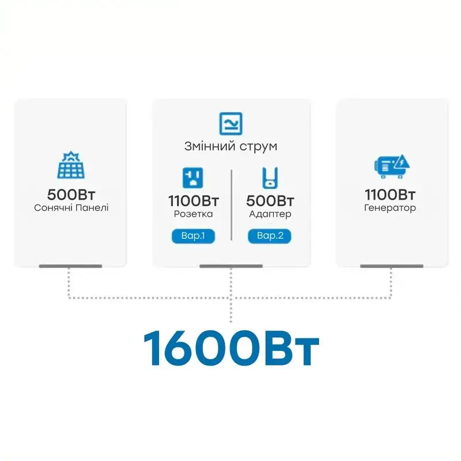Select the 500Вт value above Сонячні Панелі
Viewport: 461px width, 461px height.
[70, 194]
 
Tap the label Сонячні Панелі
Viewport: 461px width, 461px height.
[70, 207]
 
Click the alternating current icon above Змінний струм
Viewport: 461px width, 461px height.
[231, 124]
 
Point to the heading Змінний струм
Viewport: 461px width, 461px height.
[231, 146]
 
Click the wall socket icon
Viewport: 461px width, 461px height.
[193, 177]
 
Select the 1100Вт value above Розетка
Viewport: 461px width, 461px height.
[193, 201]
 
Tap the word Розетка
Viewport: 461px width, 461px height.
[193, 214]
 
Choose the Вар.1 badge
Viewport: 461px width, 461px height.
[193, 236]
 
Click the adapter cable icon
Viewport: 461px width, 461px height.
[270, 177]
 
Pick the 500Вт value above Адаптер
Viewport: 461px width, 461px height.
[270, 201]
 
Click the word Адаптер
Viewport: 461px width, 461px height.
[270, 214]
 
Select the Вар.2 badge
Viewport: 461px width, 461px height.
[270, 236]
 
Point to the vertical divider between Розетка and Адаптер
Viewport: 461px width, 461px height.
[231, 205]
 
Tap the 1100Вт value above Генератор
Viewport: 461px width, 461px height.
[391, 194]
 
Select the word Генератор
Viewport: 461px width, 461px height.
[391, 207]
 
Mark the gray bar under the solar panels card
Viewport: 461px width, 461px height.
[70, 266]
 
